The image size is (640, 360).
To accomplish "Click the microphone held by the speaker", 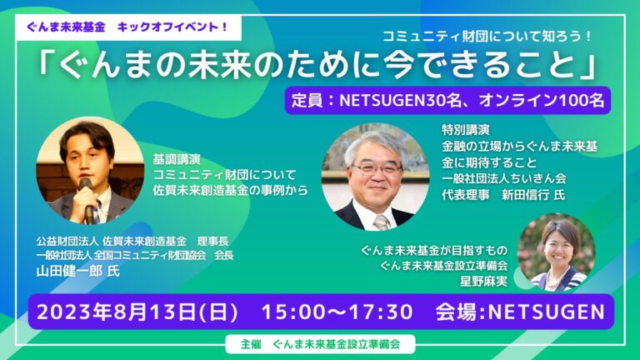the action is pos(87,200).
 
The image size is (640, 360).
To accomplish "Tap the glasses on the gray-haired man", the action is pos(377,168).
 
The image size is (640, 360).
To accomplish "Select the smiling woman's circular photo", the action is pos(556,252).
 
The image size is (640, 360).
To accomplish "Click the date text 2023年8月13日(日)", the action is pos(137,312).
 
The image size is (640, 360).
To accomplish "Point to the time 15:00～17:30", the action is pos(337,312).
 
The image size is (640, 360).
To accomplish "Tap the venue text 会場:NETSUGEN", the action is pos(520,312).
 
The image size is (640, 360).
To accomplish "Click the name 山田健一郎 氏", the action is pos(78,271).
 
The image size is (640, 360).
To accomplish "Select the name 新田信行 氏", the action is pos(533,195).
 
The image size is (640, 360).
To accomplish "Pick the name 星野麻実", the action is pos(484,281).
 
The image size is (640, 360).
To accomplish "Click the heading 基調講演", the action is pos(177,159).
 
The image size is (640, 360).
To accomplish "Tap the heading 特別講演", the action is pos(466,130).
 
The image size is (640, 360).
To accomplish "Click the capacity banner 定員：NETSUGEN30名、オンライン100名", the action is pos(447,100).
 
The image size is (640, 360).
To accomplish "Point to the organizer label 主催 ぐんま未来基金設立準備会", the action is pos(320,344).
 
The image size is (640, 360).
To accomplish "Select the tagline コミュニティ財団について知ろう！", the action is pos(487,37).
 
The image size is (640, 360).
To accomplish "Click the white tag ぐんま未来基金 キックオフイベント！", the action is pos(128,27).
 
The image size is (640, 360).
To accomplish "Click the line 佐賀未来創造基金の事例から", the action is pos(230,191).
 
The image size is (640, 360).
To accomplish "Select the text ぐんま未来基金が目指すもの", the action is pos(434,250).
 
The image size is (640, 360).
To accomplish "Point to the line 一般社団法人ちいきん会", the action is pos(503,178).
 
